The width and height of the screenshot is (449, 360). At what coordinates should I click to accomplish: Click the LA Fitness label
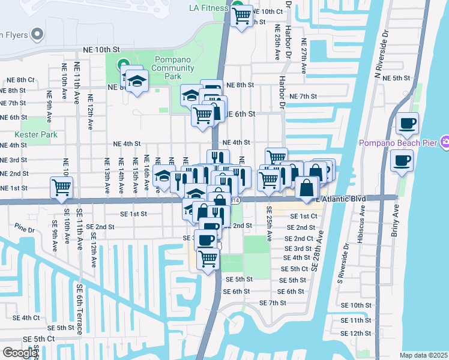(208, 8)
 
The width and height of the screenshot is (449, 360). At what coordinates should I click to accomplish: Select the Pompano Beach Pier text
(398, 143)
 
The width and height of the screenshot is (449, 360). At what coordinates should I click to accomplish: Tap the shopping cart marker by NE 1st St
(61, 187)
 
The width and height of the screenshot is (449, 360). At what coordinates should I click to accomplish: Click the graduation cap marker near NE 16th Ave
(162, 176)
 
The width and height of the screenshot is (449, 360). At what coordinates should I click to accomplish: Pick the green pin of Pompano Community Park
(124, 64)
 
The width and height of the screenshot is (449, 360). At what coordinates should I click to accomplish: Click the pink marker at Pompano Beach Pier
(445, 142)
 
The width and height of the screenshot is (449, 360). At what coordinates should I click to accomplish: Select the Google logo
(20, 353)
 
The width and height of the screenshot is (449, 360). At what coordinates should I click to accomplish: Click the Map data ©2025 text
(423, 355)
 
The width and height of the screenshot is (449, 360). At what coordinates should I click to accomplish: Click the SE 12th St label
(360, 334)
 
